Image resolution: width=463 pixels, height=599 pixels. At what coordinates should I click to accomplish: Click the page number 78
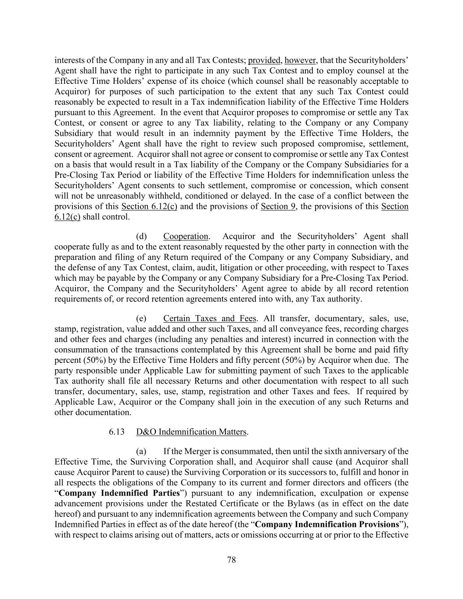pos(232,560)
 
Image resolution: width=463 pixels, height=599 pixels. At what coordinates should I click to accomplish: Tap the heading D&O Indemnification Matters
pos(191,432)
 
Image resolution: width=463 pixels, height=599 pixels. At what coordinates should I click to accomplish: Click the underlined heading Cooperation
pos(186,236)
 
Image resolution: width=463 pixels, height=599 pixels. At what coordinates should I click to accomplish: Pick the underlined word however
pos(301,60)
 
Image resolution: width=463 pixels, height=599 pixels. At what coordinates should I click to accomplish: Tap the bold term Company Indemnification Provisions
pos(327,524)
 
